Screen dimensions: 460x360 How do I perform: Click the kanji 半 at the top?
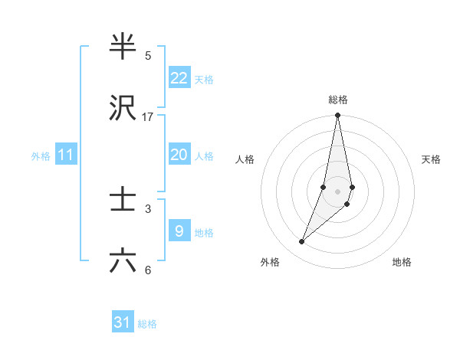(x=123, y=47)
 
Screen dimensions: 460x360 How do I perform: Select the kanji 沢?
(x=123, y=109)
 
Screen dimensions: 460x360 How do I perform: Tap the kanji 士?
(x=123, y=201)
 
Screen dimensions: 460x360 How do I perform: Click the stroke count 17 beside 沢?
(x=148, y=117)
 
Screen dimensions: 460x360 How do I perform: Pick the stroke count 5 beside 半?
(x=148, y=56)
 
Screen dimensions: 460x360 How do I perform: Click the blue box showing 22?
(x=179, y=78)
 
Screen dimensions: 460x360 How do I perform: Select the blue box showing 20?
(x=179, y=155)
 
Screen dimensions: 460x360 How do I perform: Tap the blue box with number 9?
(x=179, y=231)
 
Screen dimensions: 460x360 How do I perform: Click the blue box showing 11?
(x=65, y=155)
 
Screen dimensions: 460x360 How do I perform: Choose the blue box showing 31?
(x=123, y=322)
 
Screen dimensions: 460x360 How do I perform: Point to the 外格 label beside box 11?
(x=41, y=156)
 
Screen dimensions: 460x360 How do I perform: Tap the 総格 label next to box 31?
(x=147, y=324)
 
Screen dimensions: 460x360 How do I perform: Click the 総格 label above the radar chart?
(x=338, y=100)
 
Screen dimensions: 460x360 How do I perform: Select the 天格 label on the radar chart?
(x=431, y=159)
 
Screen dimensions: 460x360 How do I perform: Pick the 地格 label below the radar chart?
(x=402, y=262)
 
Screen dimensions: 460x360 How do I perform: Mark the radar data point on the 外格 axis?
(x=301, y=242)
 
